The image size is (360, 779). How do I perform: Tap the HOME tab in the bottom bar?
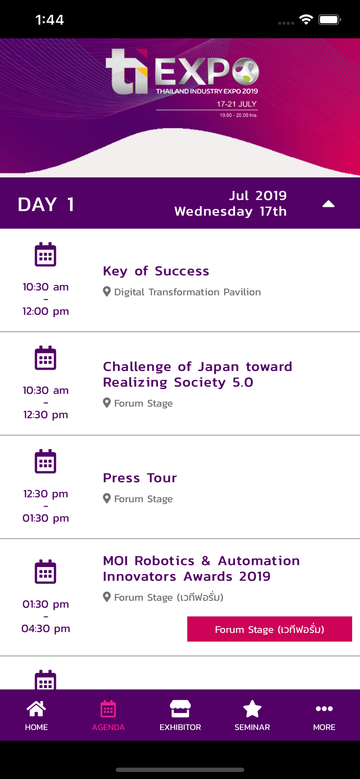(36, 716)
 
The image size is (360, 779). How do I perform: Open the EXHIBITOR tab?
(180, 716)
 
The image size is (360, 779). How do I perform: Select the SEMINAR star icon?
(252, 709)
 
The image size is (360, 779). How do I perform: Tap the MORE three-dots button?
(324, 709)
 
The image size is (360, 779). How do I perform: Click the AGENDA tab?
(108, 716)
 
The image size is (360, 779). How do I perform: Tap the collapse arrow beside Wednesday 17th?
(328, 204)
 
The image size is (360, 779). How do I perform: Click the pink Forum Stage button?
(270, 629)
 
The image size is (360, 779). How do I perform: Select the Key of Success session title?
(156, 271)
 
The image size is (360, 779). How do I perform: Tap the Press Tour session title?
(140, 478)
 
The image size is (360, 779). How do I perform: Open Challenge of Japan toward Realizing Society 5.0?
(198, 374)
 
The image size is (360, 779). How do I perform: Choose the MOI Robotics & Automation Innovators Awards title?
(201, 568)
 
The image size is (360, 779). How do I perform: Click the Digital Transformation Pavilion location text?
(187, 292)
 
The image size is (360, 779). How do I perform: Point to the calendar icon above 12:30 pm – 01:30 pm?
(46, 461)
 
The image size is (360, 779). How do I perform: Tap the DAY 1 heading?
(46, 204)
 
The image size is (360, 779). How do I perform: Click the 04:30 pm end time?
(46, 628)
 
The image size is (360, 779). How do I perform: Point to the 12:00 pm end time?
(46, 311)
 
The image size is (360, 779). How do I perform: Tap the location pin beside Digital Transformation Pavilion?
(107, 292)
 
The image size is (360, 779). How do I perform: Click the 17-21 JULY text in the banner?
(237, 104)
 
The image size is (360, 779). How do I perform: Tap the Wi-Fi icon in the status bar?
(306, 19)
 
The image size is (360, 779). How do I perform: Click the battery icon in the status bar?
(330, 19)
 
